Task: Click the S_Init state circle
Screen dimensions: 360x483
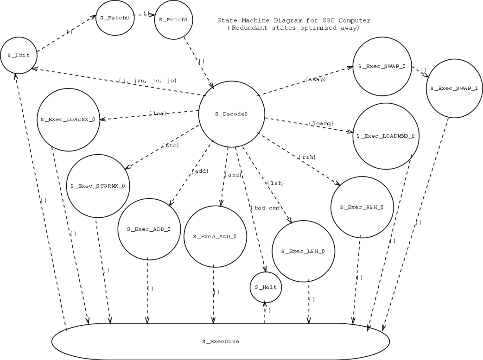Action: pos(19,55)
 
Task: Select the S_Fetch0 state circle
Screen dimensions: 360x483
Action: pos(114,18)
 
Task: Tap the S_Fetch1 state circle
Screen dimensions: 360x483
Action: pos(173,20)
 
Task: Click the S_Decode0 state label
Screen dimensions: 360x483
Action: pos(231,114)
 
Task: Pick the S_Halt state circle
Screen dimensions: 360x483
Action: pos(266,287)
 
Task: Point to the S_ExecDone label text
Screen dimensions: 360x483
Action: pos(220,341)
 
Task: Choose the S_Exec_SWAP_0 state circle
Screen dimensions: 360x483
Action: pos(382,66)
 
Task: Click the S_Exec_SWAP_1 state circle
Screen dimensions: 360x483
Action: pos(454,88)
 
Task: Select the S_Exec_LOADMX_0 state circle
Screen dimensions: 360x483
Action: pos(68,120)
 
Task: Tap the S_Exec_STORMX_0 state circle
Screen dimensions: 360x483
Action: pos(98,186)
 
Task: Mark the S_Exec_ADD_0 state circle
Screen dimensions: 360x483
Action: pos(148,229)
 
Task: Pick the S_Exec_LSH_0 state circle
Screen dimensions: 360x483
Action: pos(303,251)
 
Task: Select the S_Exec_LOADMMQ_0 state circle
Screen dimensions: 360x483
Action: pos(386,136)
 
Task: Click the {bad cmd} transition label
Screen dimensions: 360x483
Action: pos(266,207)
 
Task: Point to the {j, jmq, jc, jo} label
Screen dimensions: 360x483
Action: pos(147,81)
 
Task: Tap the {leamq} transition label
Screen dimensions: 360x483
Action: pos(321,123)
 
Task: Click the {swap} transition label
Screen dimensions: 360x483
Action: pos(316,80)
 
